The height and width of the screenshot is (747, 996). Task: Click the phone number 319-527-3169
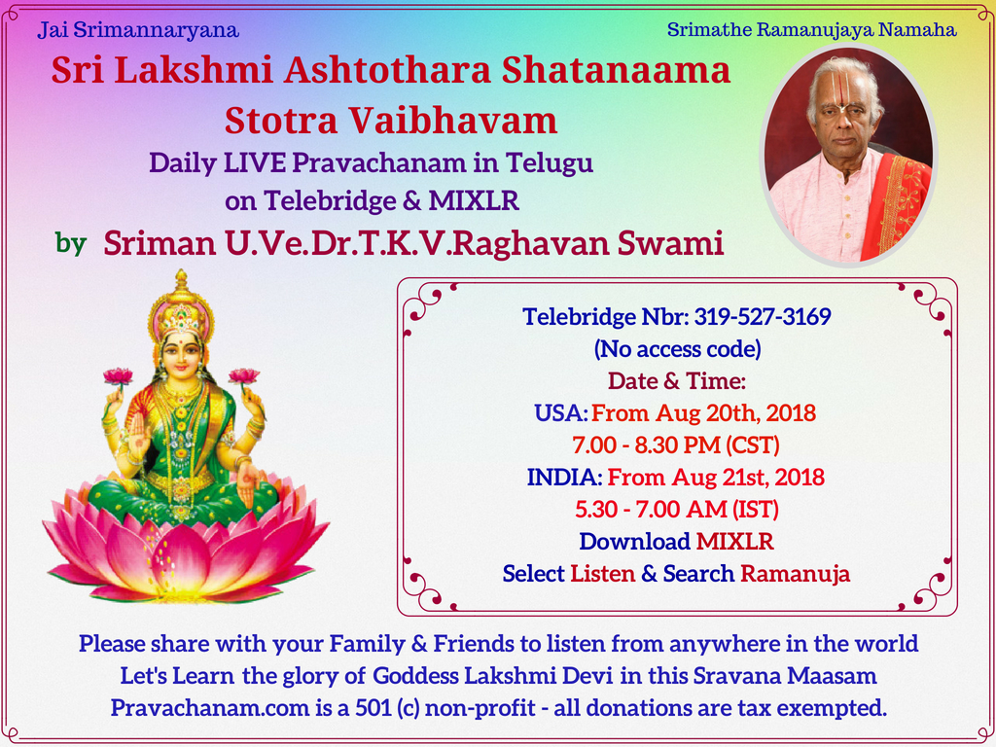[x=763, y=316]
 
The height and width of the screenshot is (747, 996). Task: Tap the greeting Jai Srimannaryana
[x=138, y=30]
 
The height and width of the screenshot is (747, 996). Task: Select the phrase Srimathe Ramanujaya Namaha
[x=812, y=30]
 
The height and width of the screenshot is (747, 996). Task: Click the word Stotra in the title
[x=281, y=121]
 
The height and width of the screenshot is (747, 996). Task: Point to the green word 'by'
[x=70, y=243]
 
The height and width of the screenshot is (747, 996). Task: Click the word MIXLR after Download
[x=735, y=542]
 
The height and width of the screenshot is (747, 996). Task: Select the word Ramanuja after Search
[x=796, y=574]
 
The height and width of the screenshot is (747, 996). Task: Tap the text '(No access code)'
[x=677, y=349]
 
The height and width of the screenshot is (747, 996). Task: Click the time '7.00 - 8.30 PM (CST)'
[x=676, y=445]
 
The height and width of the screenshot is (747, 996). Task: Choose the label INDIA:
[x=564, y=477]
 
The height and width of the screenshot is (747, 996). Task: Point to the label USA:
[x=561, y=413]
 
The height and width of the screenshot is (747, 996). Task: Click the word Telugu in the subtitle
[x=550, y=163]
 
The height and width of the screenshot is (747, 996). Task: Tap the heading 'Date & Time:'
[x=677, y=381]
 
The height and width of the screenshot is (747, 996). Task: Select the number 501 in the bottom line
[x=373, y=708]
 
